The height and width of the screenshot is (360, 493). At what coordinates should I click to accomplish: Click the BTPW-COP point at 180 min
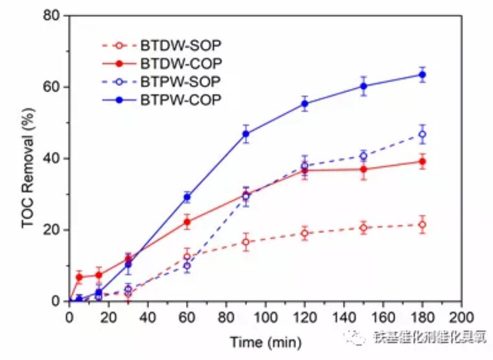click(x=422, y=75)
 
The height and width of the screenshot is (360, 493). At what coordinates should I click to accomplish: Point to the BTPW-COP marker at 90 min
click(x=246, y=134)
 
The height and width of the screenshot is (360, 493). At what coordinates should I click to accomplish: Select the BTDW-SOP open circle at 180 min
click(x=422, y=225)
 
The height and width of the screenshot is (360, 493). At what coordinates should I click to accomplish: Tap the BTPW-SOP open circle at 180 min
click(x=422, y=134)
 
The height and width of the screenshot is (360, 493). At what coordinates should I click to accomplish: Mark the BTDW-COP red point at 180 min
click(x=422, y=161)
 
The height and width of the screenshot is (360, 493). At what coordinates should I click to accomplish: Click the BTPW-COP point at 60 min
click(x=187, y=197)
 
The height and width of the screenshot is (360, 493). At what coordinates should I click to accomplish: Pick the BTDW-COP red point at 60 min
click(x=187, y=222)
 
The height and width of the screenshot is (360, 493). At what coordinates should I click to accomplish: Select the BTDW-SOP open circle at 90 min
click(x=246, y=242)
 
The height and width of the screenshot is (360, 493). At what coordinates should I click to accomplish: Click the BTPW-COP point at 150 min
click(x=364, y=86)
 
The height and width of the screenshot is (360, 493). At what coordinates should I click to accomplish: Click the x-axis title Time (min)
click(x=265, y=341)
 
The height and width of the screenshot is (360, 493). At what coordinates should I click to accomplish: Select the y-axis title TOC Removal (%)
click(x=29, y=158)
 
